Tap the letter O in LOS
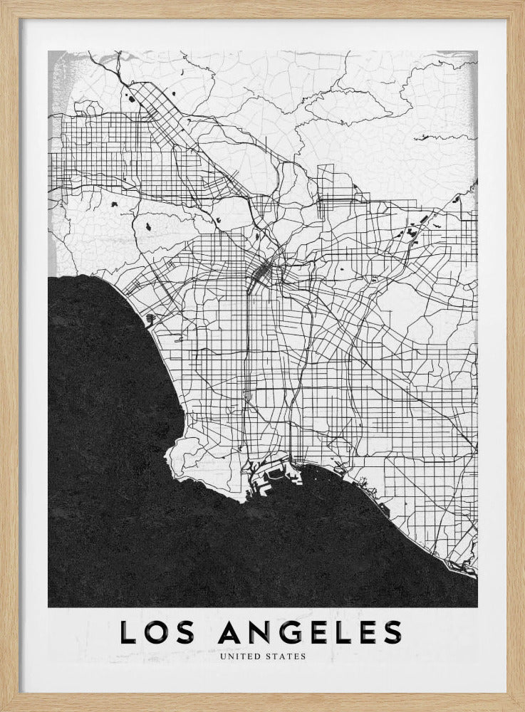[x=158, y=632]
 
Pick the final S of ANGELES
[x=392, y=632]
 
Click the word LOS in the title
[x=158, y=632]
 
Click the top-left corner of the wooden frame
[x=3, y=3]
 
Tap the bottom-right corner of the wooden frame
[x=521, y=708]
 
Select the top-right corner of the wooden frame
[x=521, y=3]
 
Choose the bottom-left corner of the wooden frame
[x=3, y=708]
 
